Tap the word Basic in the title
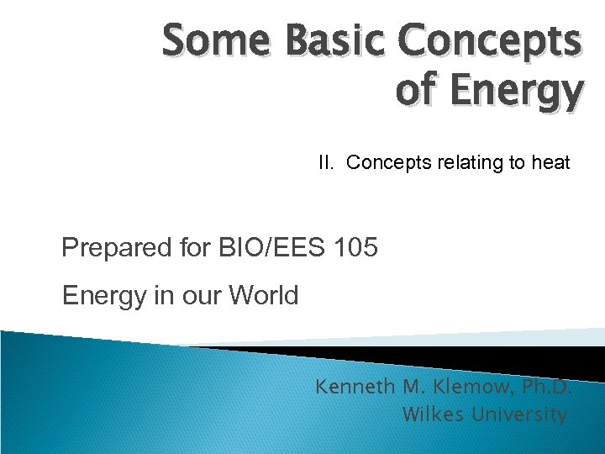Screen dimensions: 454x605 [x=330, y=41]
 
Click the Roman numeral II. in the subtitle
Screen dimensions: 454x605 [x=328, y=162]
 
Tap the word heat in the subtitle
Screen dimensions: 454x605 [x=550, y=162]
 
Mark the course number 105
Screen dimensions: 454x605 [x=355, y=248]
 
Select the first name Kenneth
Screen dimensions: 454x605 [x=350, y=388]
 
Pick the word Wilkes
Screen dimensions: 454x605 [x=433, y=414]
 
